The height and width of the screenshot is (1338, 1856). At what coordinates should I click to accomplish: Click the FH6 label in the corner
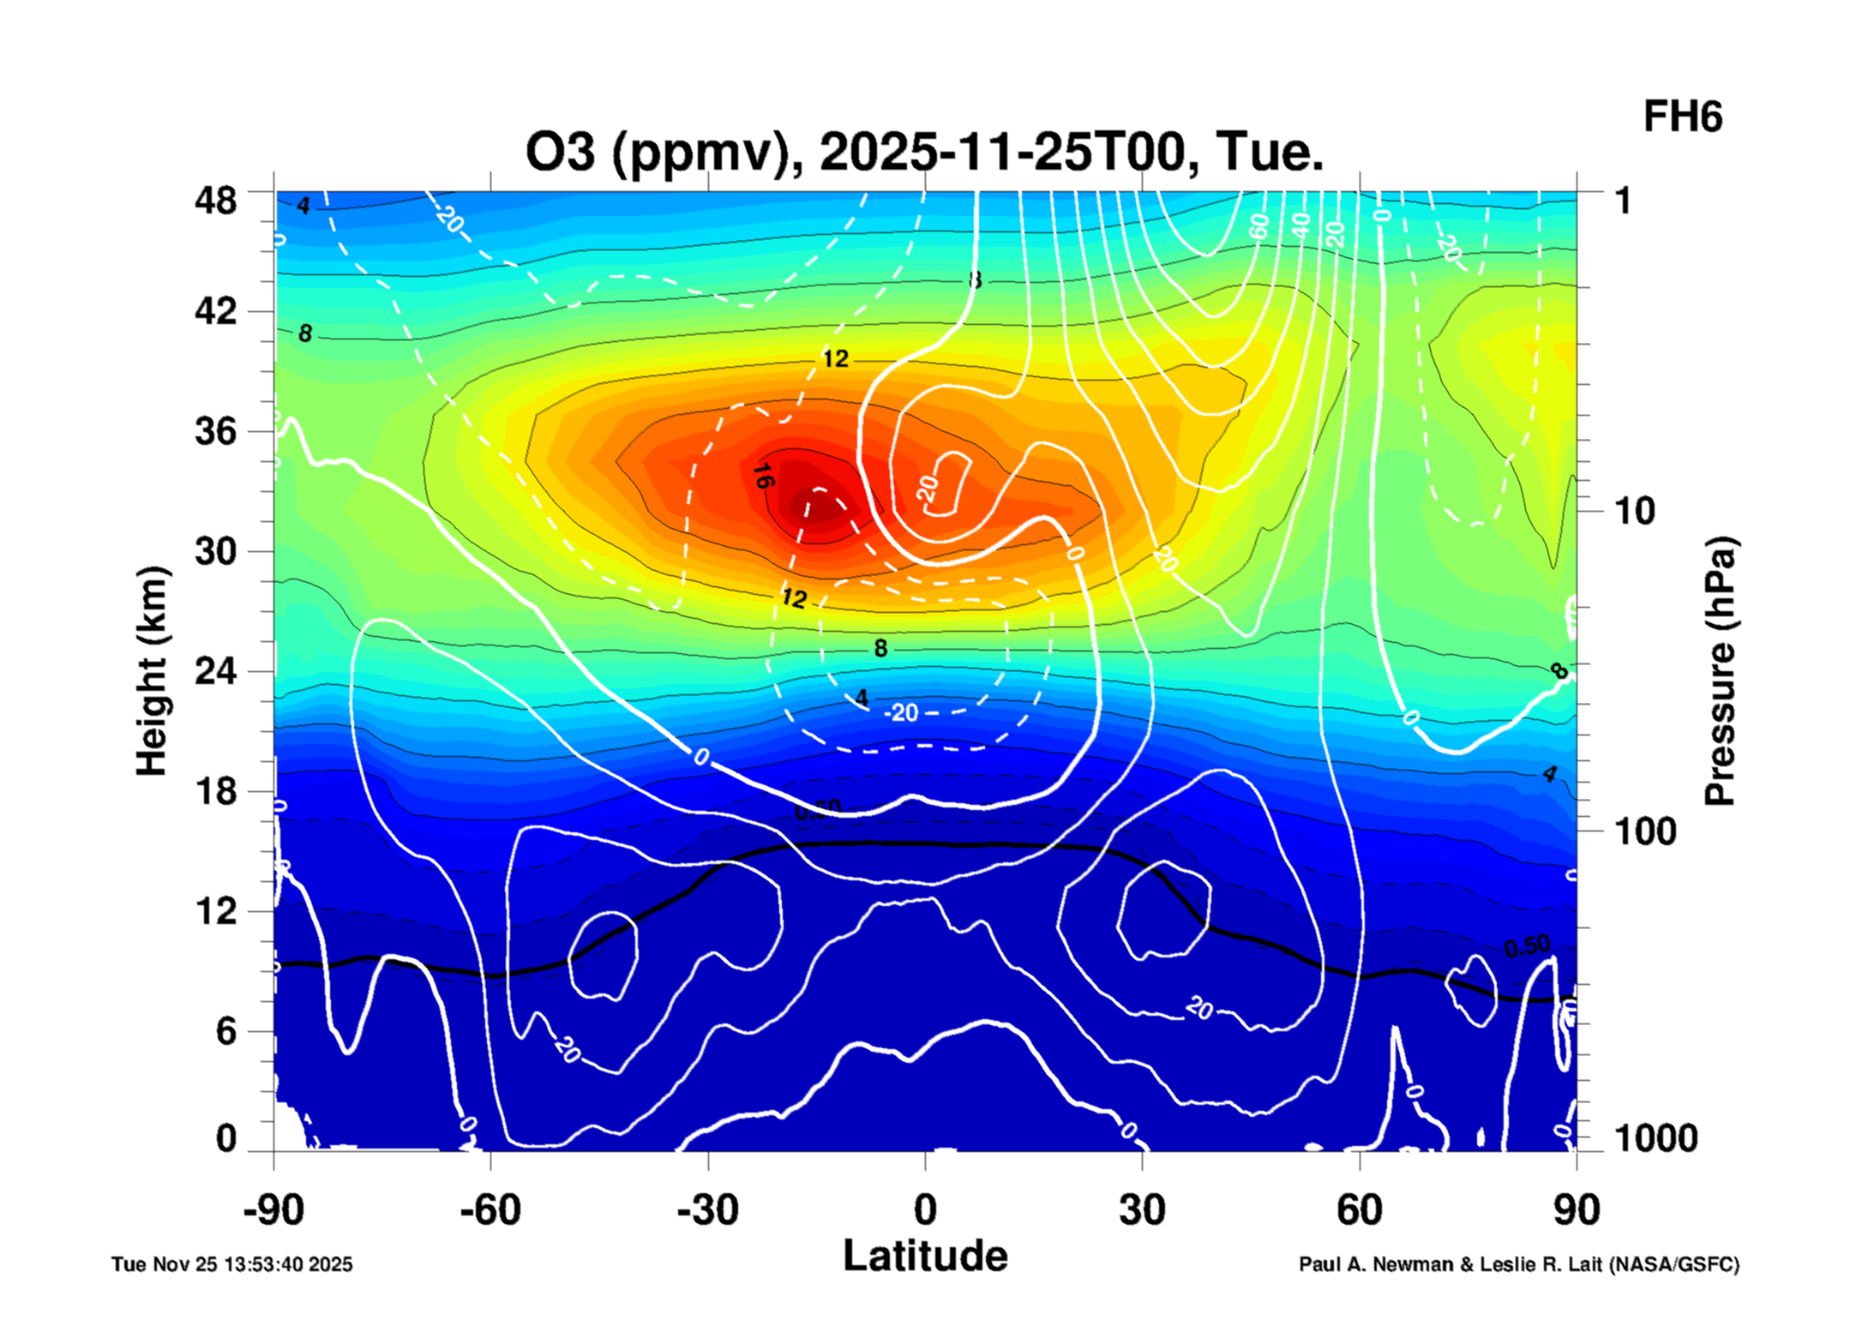pyautogui.click(x=1681, y=117)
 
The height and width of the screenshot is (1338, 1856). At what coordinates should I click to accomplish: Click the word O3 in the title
pyautogui.click(x=560, y=152)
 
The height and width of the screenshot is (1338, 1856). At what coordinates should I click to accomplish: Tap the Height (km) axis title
pyautogui.click(x=152, y=670)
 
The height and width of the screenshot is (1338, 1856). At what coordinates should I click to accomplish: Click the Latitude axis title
pyautogui.click(x=925, y=1256)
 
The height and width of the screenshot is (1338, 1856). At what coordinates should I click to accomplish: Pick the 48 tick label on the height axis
pyautogui.click(x=215, y=201)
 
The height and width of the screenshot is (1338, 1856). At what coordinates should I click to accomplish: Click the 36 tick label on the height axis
pyautogui.click(x=215, y=430)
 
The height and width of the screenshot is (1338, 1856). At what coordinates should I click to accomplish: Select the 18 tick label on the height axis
pyautogui.click(x=215, y=791)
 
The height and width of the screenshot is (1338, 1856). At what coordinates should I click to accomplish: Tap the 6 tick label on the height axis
pyautogui.click(x=225, y=1031)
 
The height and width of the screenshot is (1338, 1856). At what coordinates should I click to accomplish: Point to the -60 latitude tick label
pyautogui.click(x=490, y=1210)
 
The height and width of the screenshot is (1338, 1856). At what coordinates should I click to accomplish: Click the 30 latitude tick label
pyautogui.click(x=1142, y=1210)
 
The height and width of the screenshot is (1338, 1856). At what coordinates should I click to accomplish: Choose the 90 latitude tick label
pyautogui.click(x=1576, y=1210)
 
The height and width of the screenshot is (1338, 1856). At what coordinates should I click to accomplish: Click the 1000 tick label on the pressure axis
pyautogui.click(x=1655, y=1138)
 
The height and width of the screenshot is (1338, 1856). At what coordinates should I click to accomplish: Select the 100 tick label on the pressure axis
pyautogui.click(x=1645, y=831)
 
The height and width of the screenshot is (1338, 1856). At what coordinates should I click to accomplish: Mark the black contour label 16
pyautogui.click(x=762, y=476)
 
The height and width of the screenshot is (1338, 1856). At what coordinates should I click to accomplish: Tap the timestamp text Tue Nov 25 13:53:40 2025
pyautogui.click(x=231, y=1264)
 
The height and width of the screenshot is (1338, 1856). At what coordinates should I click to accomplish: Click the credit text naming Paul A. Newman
pyautogui.click(x=1518, y=1264)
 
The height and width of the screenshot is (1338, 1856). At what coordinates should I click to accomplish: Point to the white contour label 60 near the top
pyautogui.click(x=1258, y=226)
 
